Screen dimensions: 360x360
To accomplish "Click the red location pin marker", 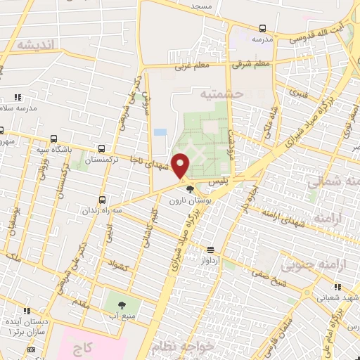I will [x=181, y=166].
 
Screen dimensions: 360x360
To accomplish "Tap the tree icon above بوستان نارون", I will [x=188, y=188].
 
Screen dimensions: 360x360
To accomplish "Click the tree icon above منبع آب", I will [x=122, y=304].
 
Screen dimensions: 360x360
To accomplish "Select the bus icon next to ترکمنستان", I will [x=103, y=149].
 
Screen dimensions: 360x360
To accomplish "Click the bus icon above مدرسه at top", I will [x=262, y=29].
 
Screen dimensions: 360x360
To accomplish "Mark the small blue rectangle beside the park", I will [x=160, y=132].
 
